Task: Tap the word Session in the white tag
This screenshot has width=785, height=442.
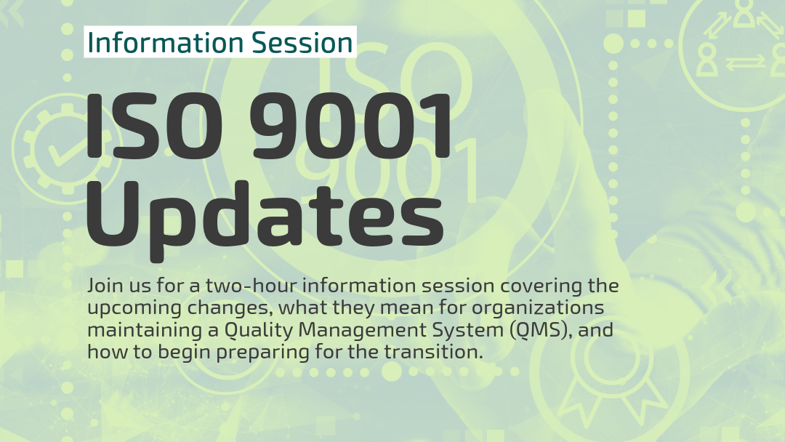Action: click(x=302, y=42)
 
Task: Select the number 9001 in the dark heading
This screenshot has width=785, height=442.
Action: click(x=350, y=126)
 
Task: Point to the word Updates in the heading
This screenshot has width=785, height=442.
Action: click(x=265, y=216)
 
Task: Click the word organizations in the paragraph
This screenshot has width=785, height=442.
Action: click(x=537, y=308)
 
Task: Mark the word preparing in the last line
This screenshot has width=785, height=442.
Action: click(x=262, y=353)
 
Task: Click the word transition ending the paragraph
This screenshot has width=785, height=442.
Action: click(x=433, y=352)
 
